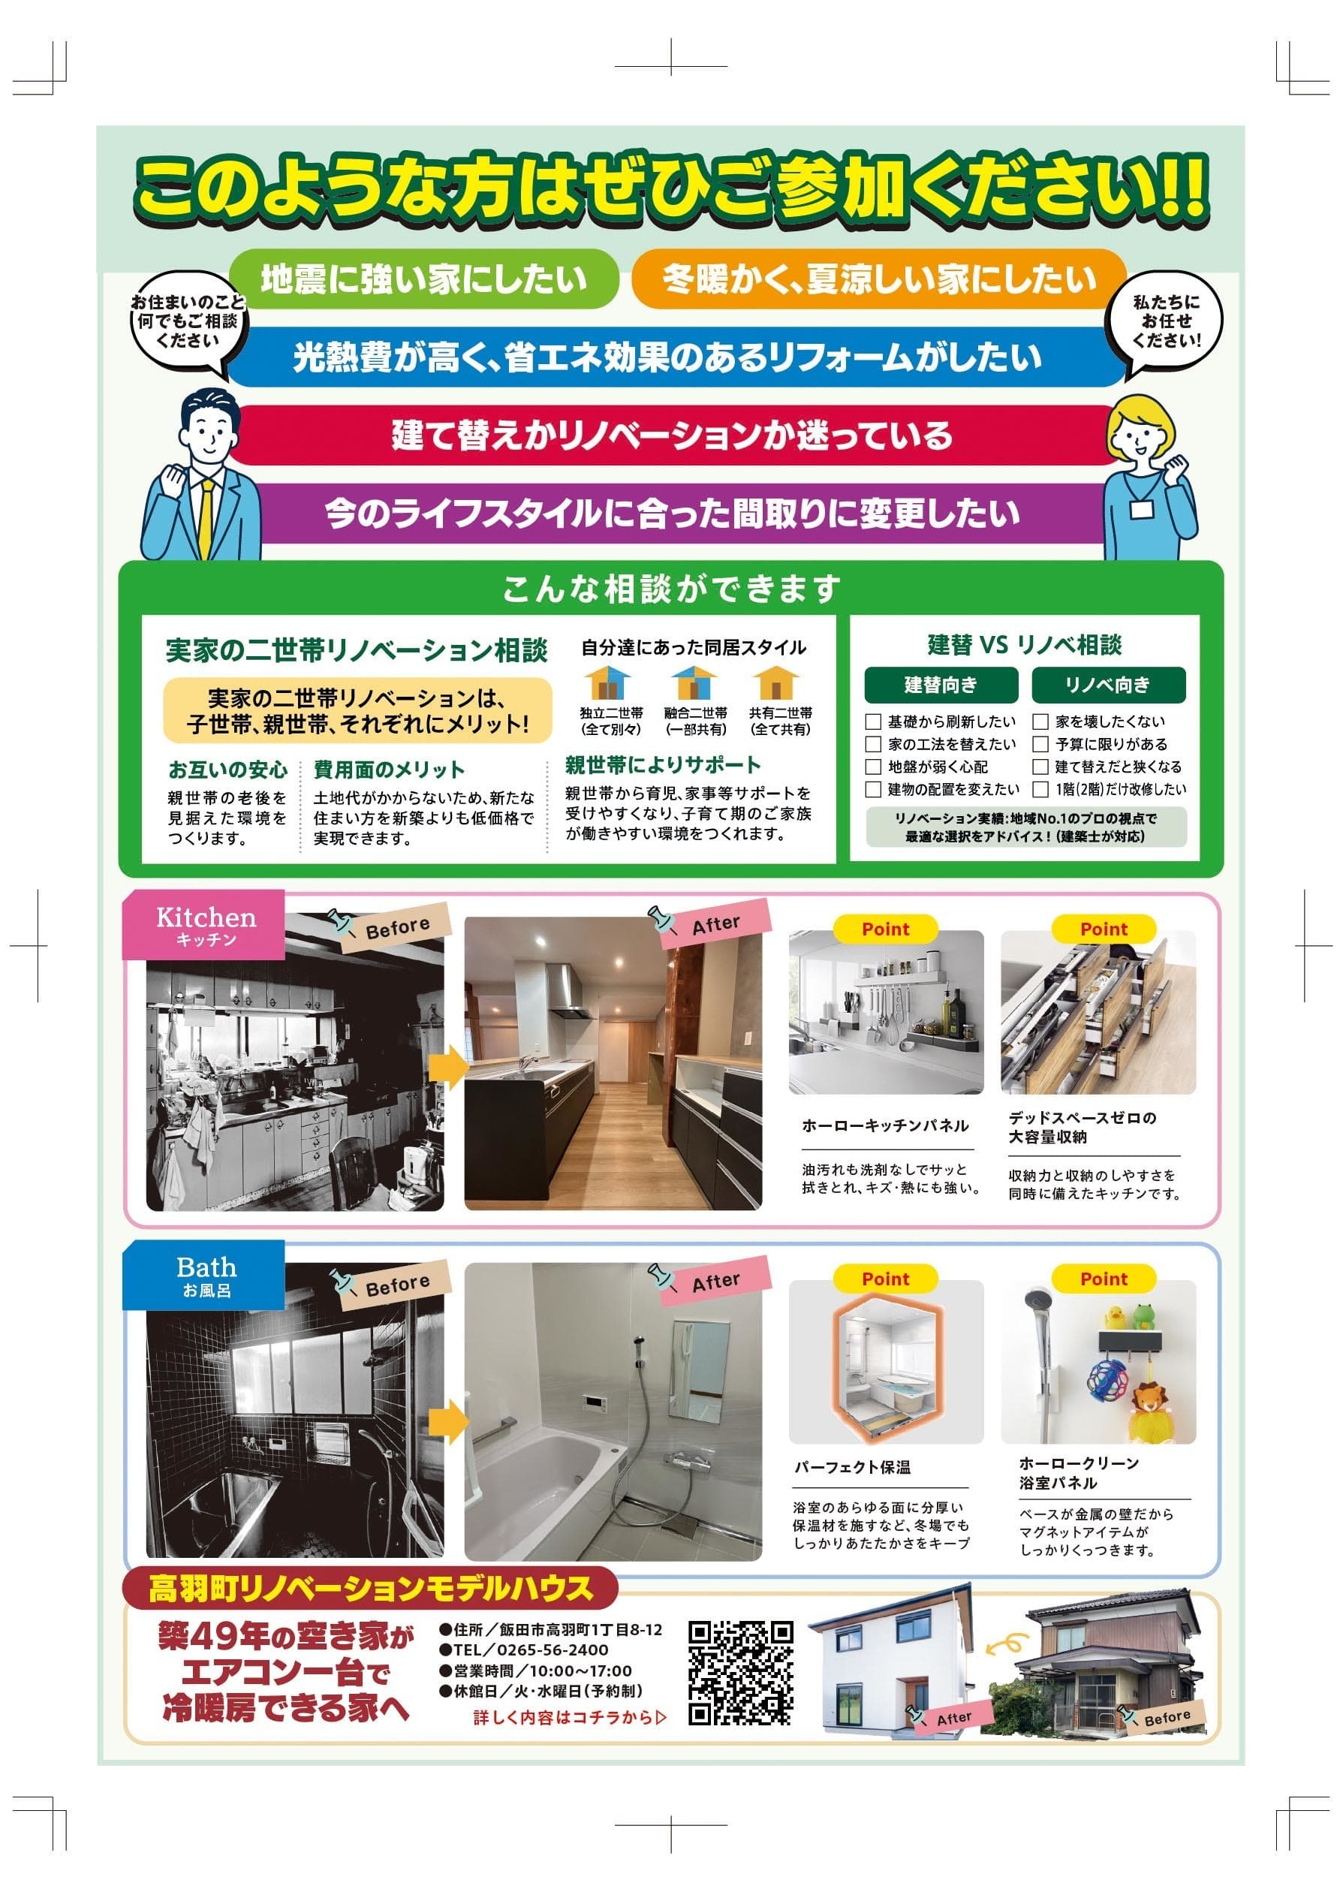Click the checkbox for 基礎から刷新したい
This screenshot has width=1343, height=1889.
[x=872, y=722]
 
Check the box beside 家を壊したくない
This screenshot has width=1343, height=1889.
[x=1040, y=722]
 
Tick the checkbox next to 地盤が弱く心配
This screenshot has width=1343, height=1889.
[x=872, y=767]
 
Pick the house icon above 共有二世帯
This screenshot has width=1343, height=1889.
[x=775, y=683]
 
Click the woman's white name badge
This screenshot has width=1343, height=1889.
[x=1141, y=508]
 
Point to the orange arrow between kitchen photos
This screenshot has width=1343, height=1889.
[x=448, y=1066]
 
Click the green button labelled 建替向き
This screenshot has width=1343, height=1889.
[x=941, y=685]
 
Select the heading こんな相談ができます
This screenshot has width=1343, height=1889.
[x=670, y=589]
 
